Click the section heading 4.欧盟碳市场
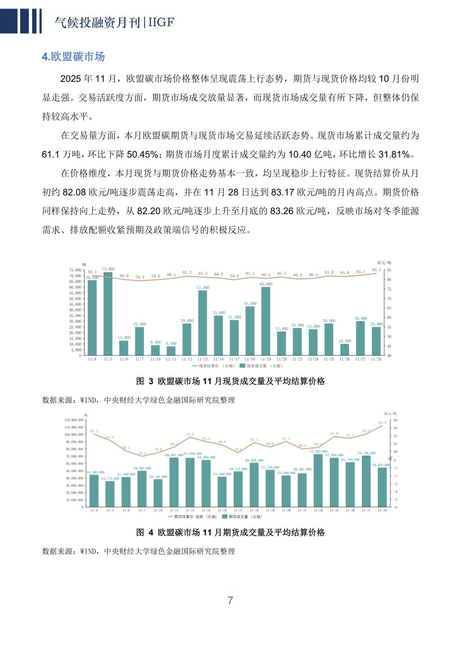point(73,57)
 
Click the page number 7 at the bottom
point(230,601)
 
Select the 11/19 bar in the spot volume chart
point(266,321)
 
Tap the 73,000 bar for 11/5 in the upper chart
point(108,314)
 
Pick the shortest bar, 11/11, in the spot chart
point(171,350)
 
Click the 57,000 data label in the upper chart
point(203,287)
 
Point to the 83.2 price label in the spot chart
point(376,269)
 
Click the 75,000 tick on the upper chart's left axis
point(76,270)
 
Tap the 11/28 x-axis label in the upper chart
point(376,359)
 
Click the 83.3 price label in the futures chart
point(382,422)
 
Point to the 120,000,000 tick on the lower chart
point(74,420)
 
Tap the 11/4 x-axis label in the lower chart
point(94,511)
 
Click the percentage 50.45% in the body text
point(143,155)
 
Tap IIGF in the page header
point(161,22)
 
